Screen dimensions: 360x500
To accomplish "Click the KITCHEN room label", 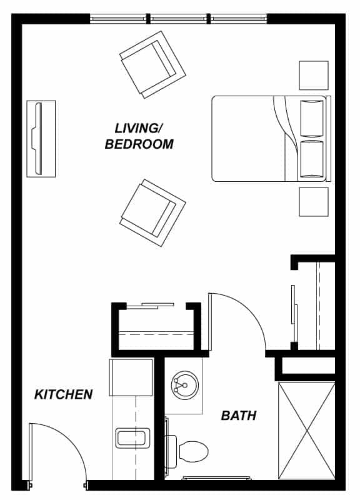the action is coord(64,394).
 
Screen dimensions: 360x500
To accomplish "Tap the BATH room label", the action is coord(239,416).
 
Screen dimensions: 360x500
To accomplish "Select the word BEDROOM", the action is coord(139,144).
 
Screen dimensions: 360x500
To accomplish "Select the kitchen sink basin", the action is coord(132,438).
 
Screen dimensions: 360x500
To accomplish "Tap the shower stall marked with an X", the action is coord(307,431).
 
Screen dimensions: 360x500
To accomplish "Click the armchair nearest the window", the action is coord(152,65).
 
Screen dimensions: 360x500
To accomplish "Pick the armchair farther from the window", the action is coord(152,212).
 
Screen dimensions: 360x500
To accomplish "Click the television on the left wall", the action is coord(41,139).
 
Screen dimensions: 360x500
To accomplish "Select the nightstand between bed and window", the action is coord(314,75).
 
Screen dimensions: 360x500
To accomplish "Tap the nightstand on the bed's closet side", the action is coord(314,202).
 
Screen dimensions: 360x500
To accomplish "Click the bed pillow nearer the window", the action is coord(312,119).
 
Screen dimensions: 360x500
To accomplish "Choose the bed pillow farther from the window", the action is coord(312,159).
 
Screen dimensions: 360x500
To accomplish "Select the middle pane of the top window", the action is coord(179,19).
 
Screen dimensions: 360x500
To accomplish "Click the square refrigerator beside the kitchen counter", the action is coord(131,377).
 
